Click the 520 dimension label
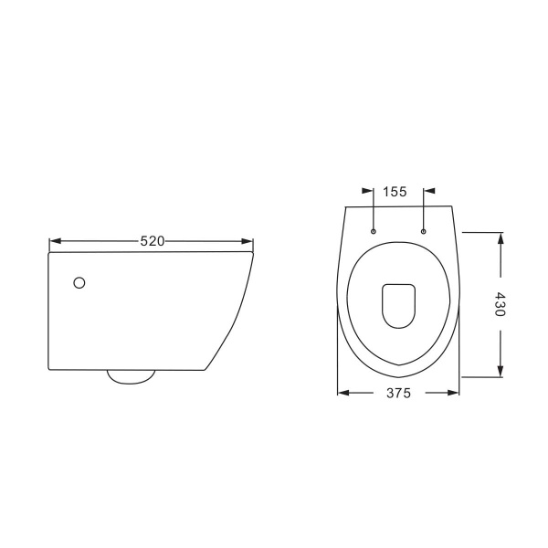pos(152,241)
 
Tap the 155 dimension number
pos(395,192)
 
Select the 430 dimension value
pos(501,304)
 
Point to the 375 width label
pos(399,393)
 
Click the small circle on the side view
pos(79,283)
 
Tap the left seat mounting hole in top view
pos(374,231)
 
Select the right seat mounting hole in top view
pos(424,231)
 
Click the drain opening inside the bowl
pos(399,306)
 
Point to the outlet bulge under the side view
pos(131,377)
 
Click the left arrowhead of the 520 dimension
pos(55,241)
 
